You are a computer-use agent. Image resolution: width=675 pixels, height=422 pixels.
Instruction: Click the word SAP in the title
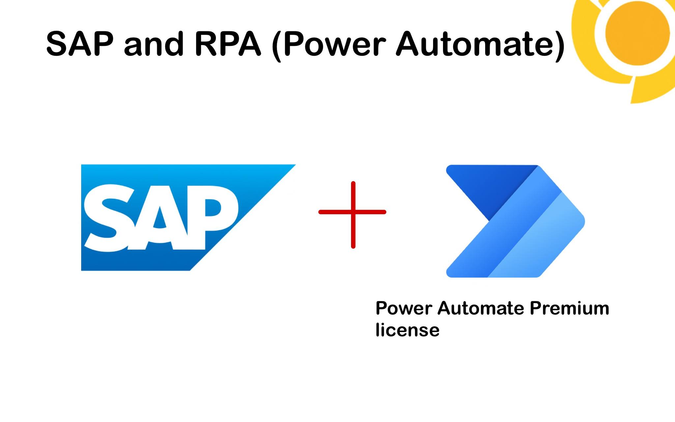(80, 44)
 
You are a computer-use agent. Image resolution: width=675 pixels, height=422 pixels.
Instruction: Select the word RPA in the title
(228, 44)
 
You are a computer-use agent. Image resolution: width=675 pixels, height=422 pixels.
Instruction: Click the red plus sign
(353, 212)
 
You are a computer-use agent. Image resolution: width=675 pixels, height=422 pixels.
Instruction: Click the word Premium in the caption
(569, 309)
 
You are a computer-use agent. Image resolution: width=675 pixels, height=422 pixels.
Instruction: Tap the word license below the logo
(407, 330)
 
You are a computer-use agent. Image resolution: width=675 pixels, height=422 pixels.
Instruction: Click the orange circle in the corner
(638, 33)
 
